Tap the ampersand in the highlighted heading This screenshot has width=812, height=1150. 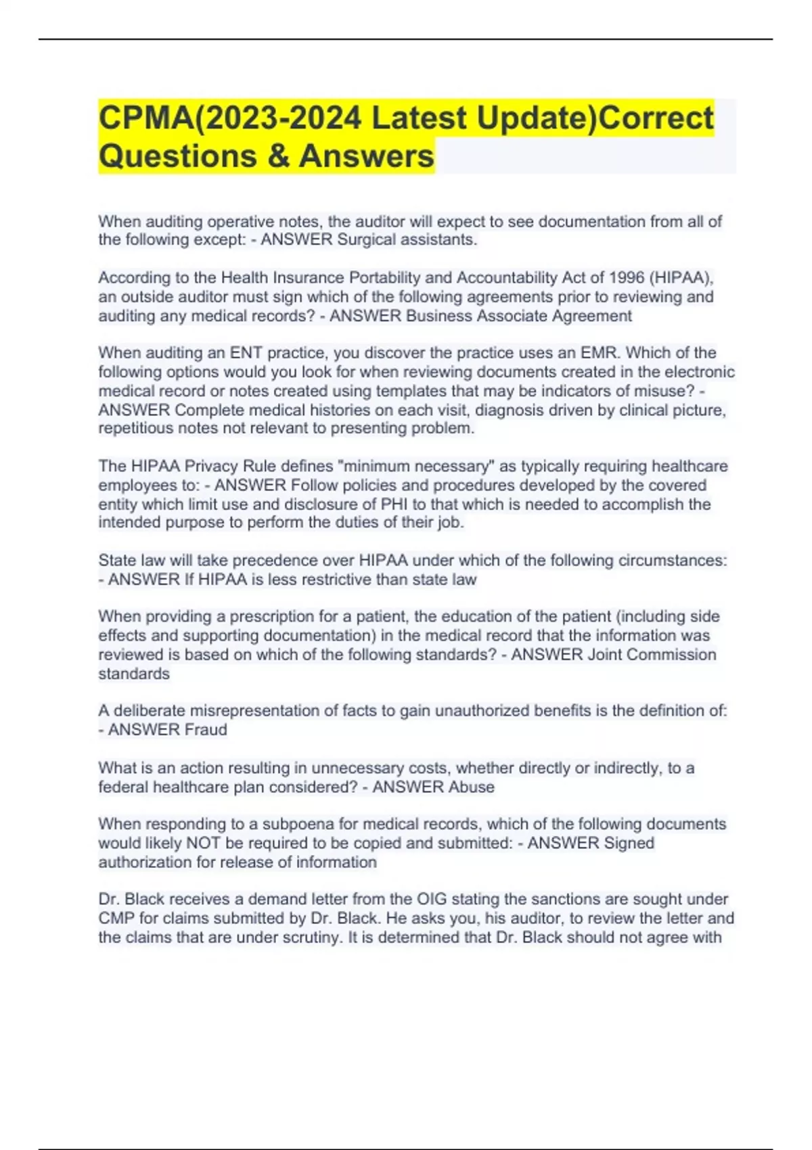278,156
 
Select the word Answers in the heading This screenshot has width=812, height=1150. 366,156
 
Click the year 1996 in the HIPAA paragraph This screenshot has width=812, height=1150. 626,278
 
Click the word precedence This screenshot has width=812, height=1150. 254,561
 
